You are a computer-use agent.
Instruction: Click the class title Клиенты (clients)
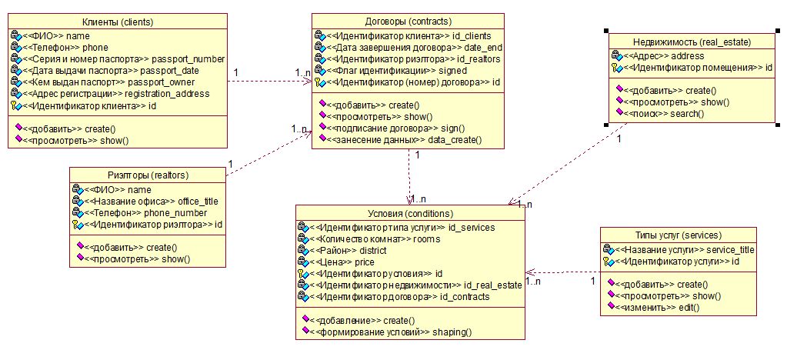(118, 22)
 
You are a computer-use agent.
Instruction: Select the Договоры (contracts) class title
(408, 21)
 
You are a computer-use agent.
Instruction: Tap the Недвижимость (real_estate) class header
(692, 42)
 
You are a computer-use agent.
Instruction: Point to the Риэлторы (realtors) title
(148, 175)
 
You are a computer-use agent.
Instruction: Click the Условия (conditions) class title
(411, 213)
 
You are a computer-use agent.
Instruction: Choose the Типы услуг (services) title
(679, 235)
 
